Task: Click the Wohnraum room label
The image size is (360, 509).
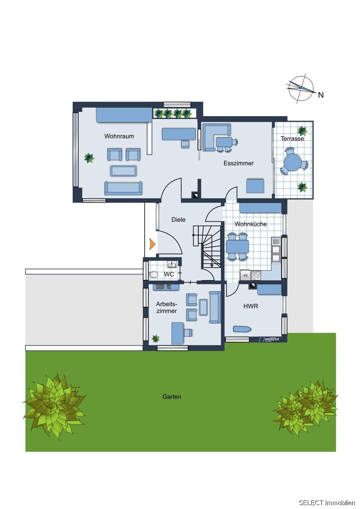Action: [x=119, y=136]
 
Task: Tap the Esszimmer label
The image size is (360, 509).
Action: [x=239, y=163]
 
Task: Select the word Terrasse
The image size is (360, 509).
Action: [x=292, y=138]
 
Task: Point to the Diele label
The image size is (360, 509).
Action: [x=179, y=220]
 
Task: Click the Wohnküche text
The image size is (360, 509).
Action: [x=250, y=224]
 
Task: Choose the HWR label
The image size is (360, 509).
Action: [x=251, y=306]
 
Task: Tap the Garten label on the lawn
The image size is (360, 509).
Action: [x=172, y=397]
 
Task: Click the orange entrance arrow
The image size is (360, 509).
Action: [x=152, y=244]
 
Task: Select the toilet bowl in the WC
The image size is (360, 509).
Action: [x=154, y=275]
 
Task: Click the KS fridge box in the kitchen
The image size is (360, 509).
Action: [x=245, y=275]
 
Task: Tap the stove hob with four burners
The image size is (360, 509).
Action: [x=256, y=275]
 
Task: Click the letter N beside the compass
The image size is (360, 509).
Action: [x=321, y=95]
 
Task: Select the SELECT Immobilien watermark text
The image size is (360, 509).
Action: [x=327, y=503]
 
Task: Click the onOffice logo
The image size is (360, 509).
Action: [x=269, y=339]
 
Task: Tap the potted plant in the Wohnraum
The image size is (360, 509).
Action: [x=89, y=158]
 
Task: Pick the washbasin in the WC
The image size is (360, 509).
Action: [x=172, y=265]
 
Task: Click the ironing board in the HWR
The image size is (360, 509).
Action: [x=242, y=329]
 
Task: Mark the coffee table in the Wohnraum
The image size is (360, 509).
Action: [x=124, y=171]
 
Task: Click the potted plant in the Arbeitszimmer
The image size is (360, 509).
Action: [x=155, y=338]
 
